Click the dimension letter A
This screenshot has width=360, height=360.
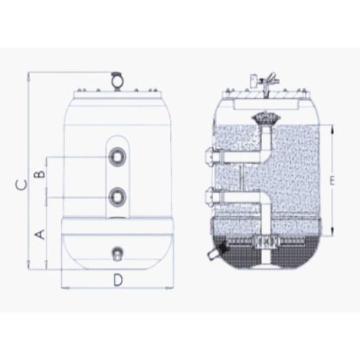point(40,234)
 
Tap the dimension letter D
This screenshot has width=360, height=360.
point(117,278)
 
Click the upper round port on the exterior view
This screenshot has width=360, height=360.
point(117,156)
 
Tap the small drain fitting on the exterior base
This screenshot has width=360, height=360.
point(117,252)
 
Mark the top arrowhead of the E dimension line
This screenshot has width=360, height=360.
point(333,127)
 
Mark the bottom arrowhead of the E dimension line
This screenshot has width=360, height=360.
point(333,235)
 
